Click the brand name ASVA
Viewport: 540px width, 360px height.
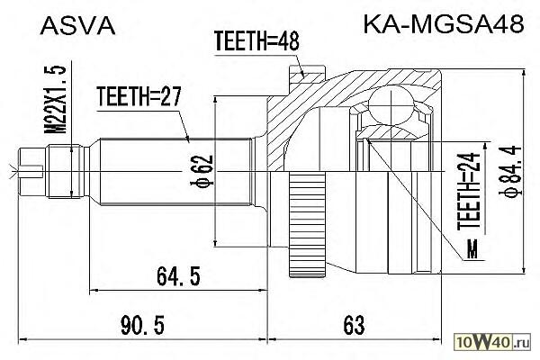[77, 26]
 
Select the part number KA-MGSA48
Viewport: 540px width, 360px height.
[444, 24]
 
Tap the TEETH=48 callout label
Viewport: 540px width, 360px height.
[256, 41]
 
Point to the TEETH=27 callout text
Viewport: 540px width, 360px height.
[139, 96]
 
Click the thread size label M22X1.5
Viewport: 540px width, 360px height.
[55, 99]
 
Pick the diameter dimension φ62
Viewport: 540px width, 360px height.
[202, 171]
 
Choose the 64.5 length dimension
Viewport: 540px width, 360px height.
[178, 276]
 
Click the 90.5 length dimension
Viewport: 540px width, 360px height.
[142, 325]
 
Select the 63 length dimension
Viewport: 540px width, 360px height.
[354, 325]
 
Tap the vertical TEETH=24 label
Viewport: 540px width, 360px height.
[468, 191]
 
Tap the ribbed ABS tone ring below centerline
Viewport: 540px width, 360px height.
[308, 225]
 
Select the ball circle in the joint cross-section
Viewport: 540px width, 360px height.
[391, 105]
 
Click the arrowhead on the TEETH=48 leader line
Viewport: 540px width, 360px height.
[302, 74]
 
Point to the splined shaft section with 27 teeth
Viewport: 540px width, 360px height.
[175, 171]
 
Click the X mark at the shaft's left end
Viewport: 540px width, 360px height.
[13, 171]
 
